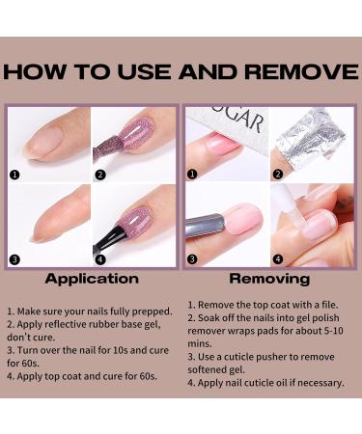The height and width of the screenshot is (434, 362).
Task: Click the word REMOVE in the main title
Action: tap(301, 71)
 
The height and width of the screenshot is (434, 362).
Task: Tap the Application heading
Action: tap(92, 279)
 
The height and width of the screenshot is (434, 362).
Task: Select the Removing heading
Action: tap(269, 279)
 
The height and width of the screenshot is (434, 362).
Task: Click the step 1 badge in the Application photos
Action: tap(14, 175)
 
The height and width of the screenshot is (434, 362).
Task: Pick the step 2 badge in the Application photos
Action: tap(100, 175)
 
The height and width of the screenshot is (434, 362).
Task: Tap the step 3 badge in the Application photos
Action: tap(14, 259)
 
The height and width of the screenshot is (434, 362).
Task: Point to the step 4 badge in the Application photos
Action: tap(100, 259)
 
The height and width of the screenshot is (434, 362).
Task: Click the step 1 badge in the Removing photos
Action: tap(192, 175)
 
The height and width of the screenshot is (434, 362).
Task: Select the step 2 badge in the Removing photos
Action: tap(278, 175)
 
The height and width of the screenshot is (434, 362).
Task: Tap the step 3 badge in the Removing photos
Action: tap(192, 258)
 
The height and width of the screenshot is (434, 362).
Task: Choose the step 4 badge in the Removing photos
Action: tap(278, 258)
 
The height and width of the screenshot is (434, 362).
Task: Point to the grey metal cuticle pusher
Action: tap(205, 225)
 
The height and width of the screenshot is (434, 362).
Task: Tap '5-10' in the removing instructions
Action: tap(333, 331)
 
